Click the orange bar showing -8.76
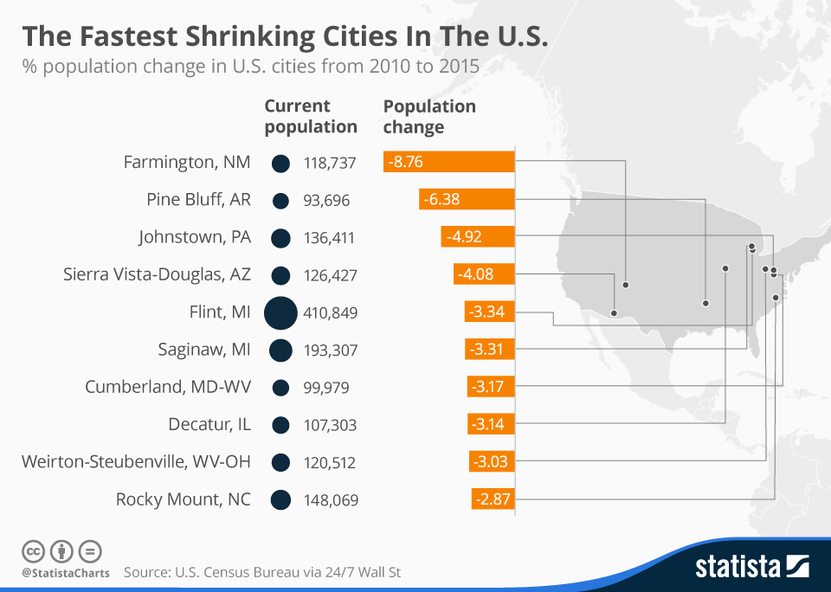click(448, 163)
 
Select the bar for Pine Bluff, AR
click(467, 200)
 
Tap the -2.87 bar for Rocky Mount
click(493, 499)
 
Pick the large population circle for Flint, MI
click(280, 312)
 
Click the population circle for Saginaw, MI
click(280, 350)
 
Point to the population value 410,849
click(331, 313)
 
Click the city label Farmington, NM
click(187, 163)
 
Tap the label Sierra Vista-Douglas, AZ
click(157, 275)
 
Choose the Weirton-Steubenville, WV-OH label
click(136, 462)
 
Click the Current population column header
click(310, 116)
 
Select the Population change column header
click(429, 116)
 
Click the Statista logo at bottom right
click(751, 567)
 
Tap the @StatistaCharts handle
click(66, 573)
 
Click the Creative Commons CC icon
click(33, 550)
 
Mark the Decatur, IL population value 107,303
click(330, 425)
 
